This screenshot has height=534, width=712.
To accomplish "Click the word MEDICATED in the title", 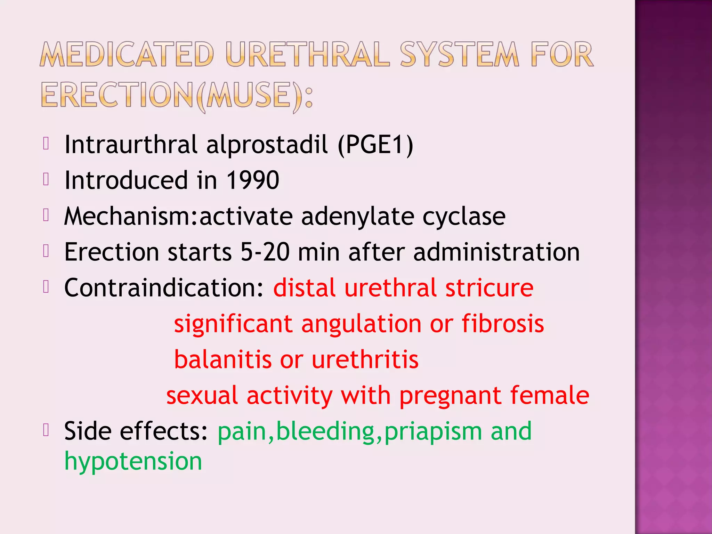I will point(127,55).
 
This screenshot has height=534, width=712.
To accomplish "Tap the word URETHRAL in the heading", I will point(307,55).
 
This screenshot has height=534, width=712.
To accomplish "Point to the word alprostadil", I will point(267,145).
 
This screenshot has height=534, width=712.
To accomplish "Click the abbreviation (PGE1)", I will point(375,145).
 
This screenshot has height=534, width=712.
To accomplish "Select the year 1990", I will point(252,180).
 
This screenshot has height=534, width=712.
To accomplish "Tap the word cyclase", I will point(464,217).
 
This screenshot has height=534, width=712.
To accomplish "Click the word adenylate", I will point(357,217).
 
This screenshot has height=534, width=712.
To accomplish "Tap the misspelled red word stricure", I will point(489,288).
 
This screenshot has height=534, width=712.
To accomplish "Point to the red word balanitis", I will point(223,359).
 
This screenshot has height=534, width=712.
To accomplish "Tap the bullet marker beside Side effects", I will point(46,430).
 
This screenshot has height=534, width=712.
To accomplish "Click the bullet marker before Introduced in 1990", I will point(46,179).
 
